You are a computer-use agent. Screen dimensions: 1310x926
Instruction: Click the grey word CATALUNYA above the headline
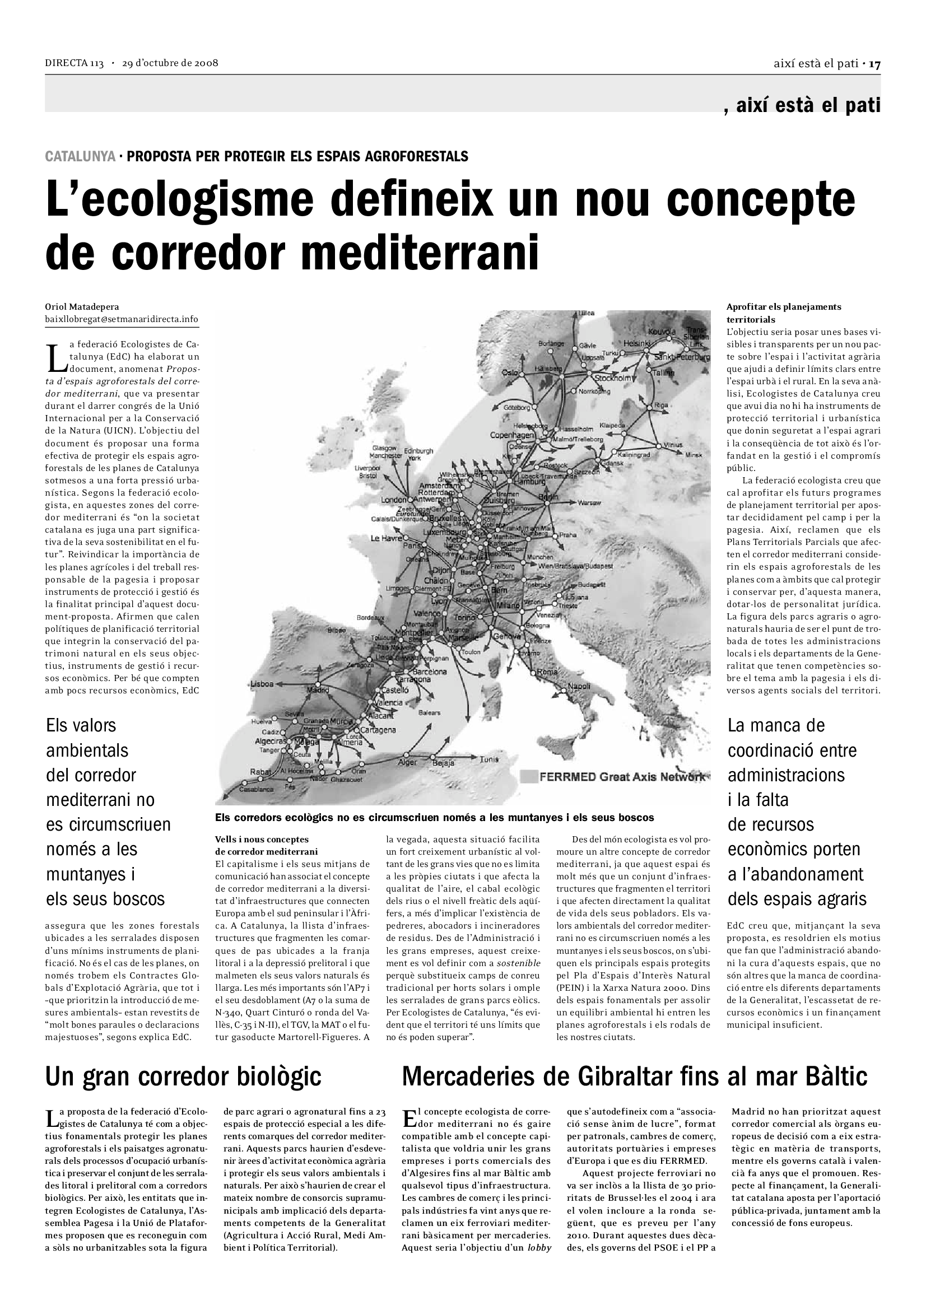pos(80,156)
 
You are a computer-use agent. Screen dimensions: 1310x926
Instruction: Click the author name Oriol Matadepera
pos(82,307)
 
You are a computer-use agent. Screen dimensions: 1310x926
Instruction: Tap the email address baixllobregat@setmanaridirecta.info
pos(122,319)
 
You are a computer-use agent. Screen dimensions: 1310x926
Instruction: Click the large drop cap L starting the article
pos(54,357)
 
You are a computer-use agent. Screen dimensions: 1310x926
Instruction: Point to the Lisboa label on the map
pos(263,683)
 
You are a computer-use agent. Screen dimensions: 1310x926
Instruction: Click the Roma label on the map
pos(547,672)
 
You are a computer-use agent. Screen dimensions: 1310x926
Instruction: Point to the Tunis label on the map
pos(489,759)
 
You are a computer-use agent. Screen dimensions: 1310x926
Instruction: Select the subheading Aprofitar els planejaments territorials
pos(783,313)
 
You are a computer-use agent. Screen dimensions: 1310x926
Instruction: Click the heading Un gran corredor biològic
pos(183,1076)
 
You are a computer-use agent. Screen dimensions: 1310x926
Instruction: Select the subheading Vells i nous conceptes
pos(262,839)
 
